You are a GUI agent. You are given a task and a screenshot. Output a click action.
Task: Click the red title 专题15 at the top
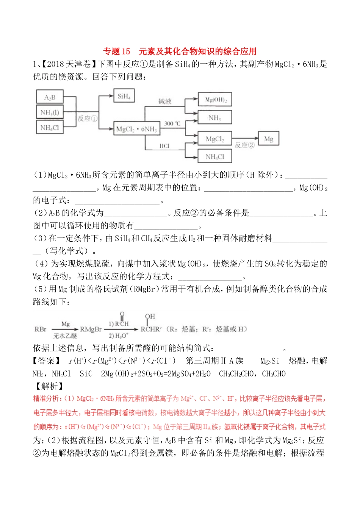(x=117, y=52)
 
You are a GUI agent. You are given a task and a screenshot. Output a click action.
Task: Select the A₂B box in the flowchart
(x=50, y=97)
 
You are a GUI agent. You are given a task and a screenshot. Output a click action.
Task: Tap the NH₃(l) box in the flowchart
(x=50, y=112)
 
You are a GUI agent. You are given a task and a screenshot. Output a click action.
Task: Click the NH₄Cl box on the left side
(x=50, y=128)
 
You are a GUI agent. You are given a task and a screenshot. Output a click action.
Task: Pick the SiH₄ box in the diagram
(x=124, y=96)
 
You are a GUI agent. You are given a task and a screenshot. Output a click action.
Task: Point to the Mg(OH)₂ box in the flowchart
(x=215, y=100)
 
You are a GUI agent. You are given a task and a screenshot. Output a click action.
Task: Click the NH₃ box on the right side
(x=214, y=118)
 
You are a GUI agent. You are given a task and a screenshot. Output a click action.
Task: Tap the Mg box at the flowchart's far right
(x=268, y=139)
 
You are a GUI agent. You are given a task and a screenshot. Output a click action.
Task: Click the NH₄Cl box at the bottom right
(x=214, y=156)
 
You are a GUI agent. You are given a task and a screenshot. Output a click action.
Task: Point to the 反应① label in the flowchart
(x=88, y=119)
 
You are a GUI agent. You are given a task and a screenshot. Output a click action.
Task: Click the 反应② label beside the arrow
(x=244, y=145)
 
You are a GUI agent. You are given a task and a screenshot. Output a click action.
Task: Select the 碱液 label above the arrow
(x=165, y=101)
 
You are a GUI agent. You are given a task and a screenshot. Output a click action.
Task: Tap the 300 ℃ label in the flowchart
(x=172, y=124)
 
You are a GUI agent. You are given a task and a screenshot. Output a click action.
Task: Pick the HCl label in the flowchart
(x=164, y=146)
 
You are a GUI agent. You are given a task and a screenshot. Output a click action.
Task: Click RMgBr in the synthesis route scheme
(x=91, y=329)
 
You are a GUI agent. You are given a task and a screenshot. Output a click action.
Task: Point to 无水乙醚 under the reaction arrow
(x=65, y=336)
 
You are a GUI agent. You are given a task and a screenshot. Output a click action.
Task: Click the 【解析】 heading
(x=49, y=386)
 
